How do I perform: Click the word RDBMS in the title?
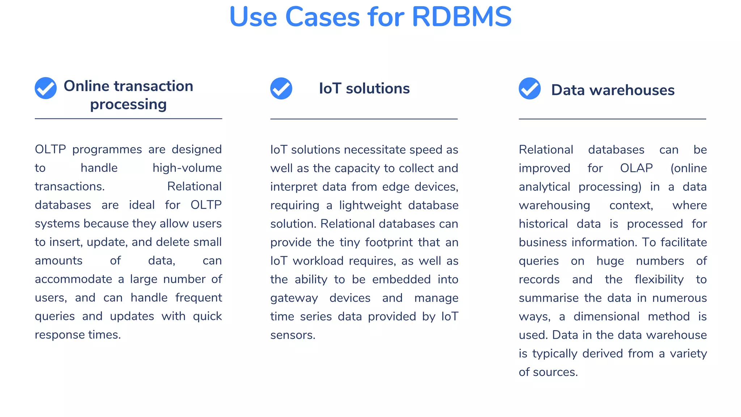461,17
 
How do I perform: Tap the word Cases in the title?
322,17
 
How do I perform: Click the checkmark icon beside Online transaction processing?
46,88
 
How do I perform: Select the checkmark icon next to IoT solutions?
281,88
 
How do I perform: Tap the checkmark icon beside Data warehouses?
530,88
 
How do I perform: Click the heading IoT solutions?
364,88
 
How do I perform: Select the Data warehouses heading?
613,90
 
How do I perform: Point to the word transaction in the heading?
153,86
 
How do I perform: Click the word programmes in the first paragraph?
107,149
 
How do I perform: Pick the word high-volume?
187,168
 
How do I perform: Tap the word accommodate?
73,279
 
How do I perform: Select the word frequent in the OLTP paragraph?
198,298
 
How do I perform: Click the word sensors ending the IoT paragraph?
292,335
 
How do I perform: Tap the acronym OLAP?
636,168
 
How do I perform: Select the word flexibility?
659,279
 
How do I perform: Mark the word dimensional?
606,316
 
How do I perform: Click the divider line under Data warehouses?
612,119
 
